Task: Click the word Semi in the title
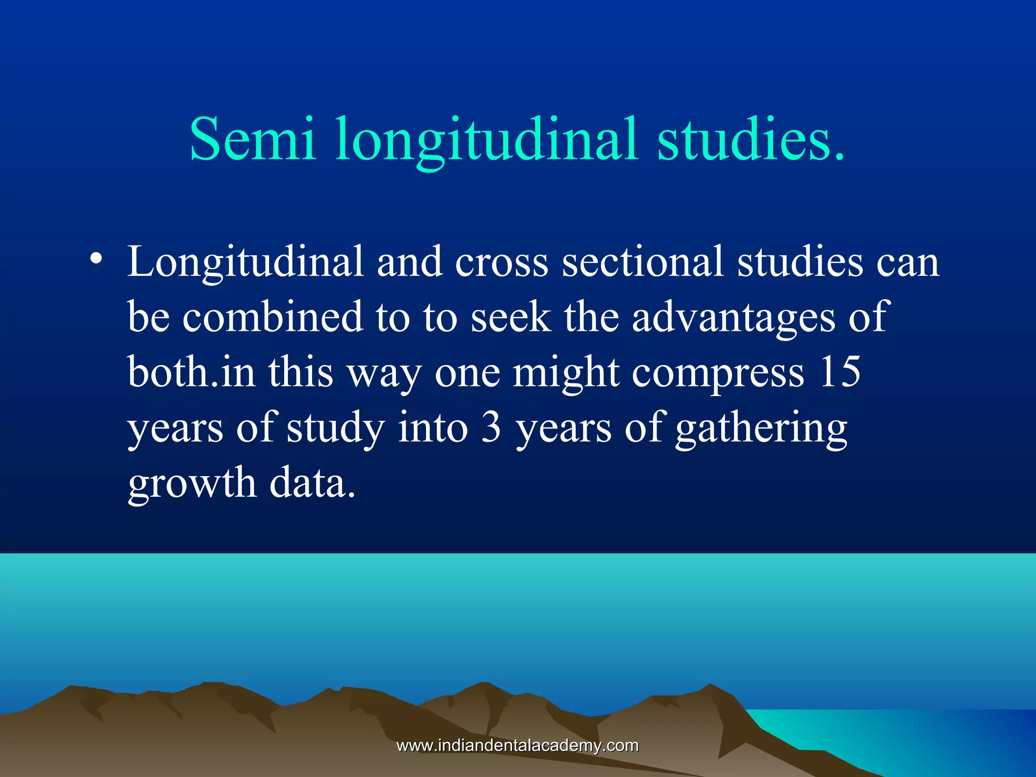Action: point(253,139)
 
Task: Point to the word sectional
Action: point(642,262)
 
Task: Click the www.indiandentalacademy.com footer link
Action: point(517,745)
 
